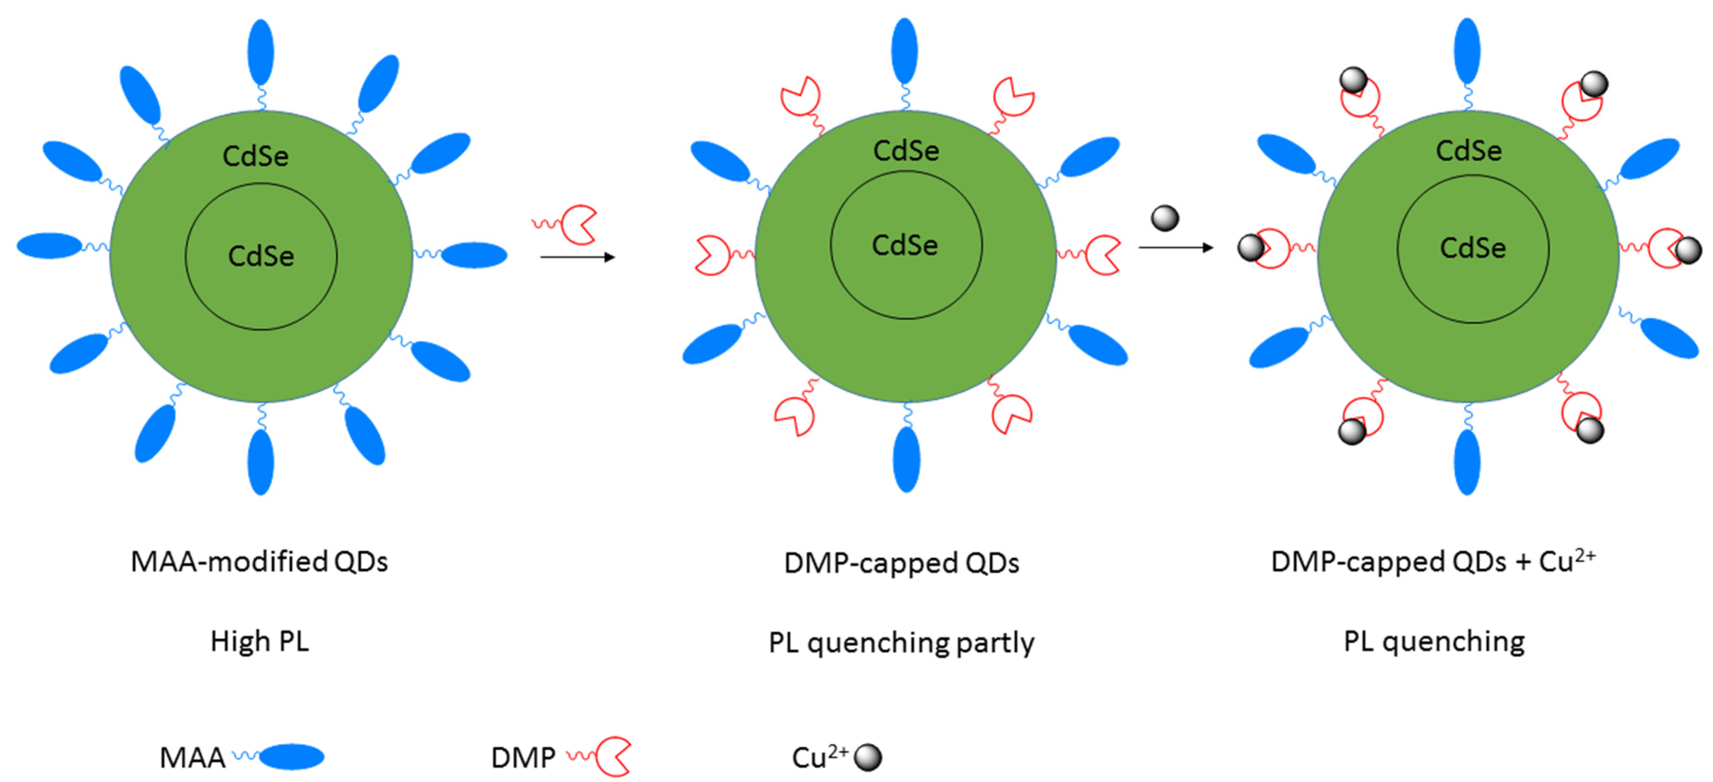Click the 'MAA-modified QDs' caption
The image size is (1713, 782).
(x=259, y=562)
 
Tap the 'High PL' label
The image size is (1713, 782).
(x=259, y=642)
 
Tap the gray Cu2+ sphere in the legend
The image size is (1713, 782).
(x=868, y=757)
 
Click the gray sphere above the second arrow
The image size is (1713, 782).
(x=1165, y=218)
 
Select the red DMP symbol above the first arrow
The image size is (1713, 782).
(x=577, y=225)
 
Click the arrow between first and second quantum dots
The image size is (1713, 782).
(x=577, y=257)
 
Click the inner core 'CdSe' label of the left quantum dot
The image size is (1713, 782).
(x=261, y=256)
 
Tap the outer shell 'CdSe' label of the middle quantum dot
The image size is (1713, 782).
(x=906, y=151)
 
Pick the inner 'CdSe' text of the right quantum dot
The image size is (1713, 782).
(x=1472, y=248)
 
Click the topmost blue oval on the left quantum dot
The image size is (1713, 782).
(x=261, y=52)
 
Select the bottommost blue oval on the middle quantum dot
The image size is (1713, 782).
(x=906, y=459)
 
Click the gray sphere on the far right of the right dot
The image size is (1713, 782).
(x=1688, y=251)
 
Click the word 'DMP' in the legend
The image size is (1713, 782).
(x=523, y=757)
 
